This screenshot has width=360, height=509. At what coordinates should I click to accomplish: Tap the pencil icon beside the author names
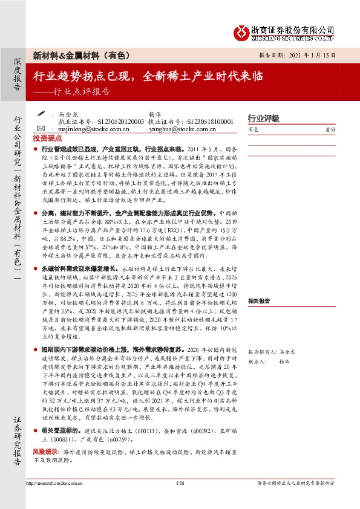(x=41, y=113)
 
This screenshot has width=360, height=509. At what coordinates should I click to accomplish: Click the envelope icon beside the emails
(x=41, y=129)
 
